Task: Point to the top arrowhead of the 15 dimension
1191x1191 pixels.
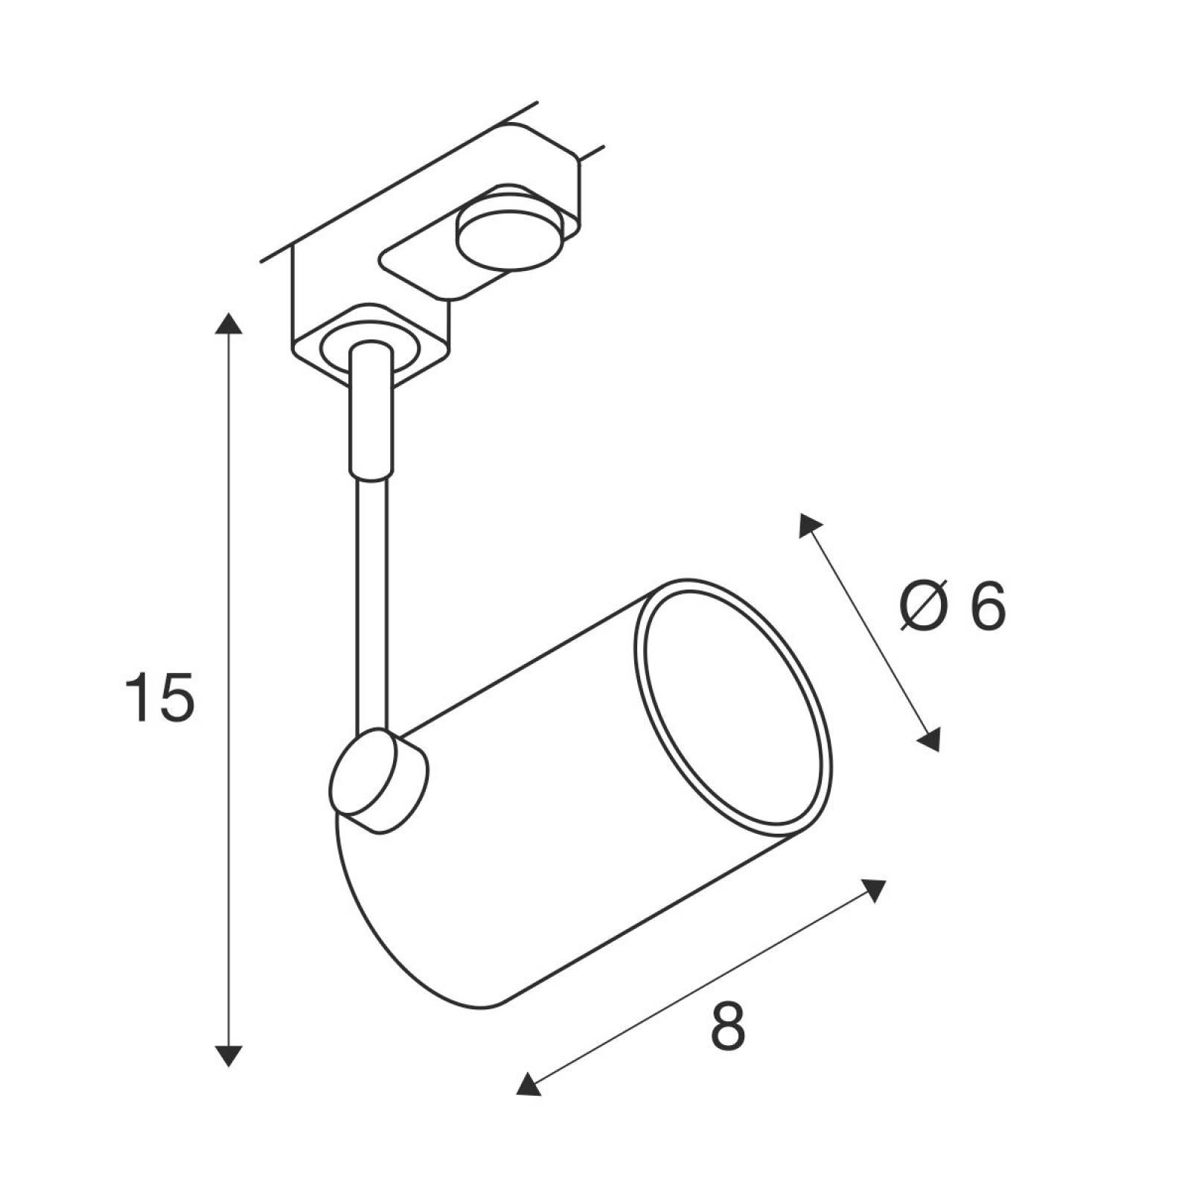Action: [x=229, y=322]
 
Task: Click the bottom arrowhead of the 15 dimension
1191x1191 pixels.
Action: [x=229, y=1056]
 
